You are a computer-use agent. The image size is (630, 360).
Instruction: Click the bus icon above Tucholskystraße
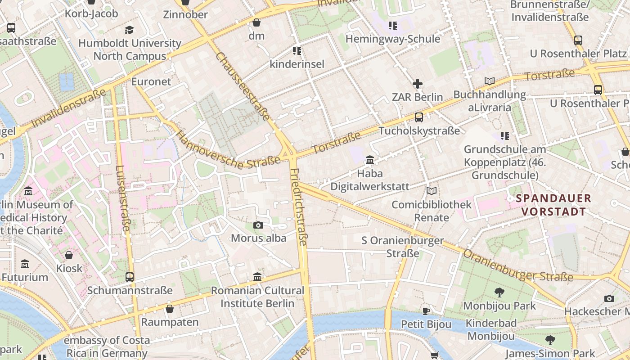click(418, 117)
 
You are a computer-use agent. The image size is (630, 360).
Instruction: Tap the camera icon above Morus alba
click(258, 225)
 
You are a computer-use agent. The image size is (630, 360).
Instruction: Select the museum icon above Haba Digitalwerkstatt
click(370, 160)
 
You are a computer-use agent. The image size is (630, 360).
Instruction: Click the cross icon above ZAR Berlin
click(418, 84)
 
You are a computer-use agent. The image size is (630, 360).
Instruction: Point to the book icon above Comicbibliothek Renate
click(431, 191)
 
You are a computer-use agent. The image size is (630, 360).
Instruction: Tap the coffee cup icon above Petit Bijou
click(426, 311)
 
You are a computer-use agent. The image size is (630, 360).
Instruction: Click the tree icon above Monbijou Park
click(499, 292)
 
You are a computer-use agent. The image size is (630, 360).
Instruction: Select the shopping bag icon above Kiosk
click(69, 255)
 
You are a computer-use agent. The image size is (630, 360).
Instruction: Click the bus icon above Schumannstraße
click(130, 277)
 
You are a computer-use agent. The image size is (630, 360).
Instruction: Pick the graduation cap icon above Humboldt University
click(130, 30)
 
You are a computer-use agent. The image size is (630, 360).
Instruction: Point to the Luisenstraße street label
click(122, 198)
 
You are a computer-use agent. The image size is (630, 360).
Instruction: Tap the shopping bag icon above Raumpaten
click(170, 309)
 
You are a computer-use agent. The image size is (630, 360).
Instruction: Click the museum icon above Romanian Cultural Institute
click(257, 277)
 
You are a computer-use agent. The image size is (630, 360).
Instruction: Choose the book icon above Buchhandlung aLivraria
click(489, 81)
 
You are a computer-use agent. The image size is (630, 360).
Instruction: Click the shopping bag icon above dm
click(256, 22)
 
